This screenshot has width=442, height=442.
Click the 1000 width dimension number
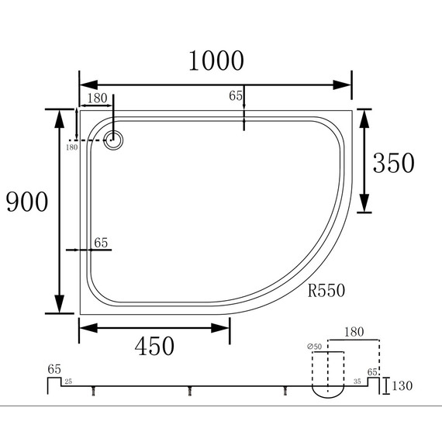(215, 60)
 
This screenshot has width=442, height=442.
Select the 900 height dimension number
(27, 202)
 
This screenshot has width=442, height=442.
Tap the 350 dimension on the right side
(394, 163)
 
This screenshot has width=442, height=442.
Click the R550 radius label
(326, 292)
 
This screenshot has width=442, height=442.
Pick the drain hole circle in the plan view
(114, 140)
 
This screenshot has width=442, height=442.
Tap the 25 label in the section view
(68, 382)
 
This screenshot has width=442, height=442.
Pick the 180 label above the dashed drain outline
(353, 332)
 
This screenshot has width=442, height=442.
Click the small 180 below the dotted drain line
(71, 147)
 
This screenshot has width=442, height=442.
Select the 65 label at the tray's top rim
(237, 95)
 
